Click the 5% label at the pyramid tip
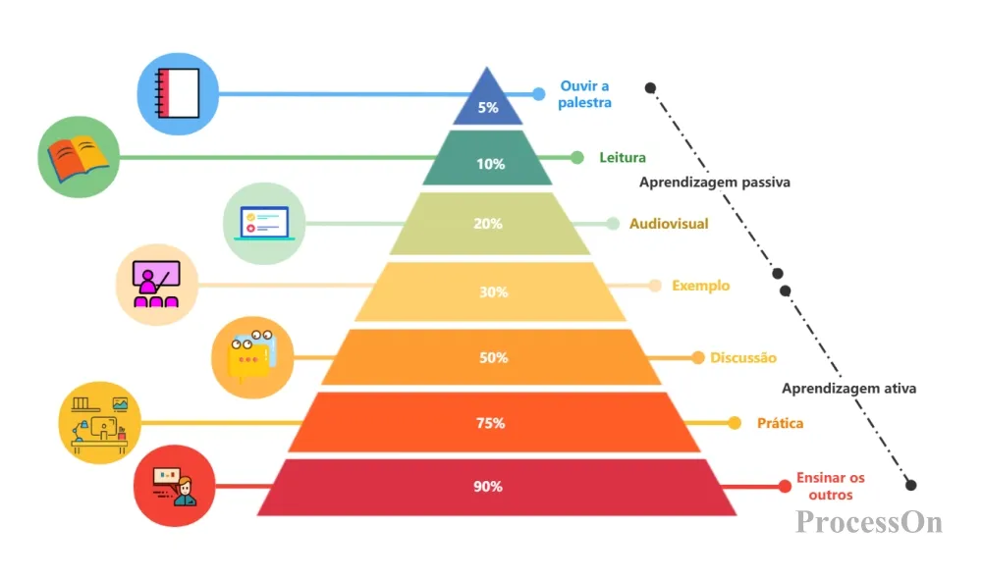(488, 107)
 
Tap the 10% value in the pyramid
(490, 164)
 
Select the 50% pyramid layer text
(494, 357)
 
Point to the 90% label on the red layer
(488, 486)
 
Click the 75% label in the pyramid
(490, 423)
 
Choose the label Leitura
(623, 158)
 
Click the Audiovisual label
(669, 224)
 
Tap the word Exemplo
(701, 286)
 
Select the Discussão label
(743, 357)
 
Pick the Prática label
(781, 423)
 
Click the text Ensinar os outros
(831, 486)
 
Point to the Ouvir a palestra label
(584, 94)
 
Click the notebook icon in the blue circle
(178, 93)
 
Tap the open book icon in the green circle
(79, 158)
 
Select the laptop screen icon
(264, 224)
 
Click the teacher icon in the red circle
(175, 486)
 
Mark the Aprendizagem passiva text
(715, 183)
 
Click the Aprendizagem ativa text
(848, 389)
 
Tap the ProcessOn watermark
(869, 522)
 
